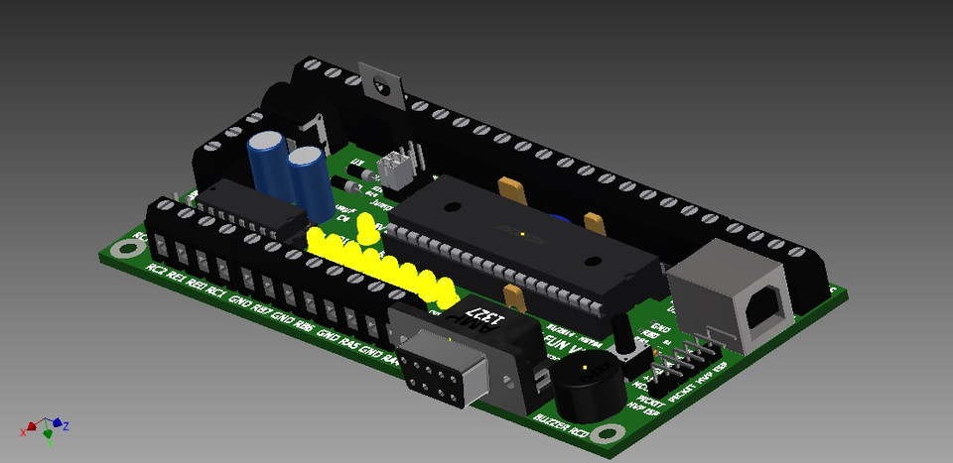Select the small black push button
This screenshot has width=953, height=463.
tap(627, 349)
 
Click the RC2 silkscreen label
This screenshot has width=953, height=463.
tap(156, 269)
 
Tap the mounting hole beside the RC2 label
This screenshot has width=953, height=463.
tap(123, 249)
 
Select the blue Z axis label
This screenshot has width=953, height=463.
tap(66, 426)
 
